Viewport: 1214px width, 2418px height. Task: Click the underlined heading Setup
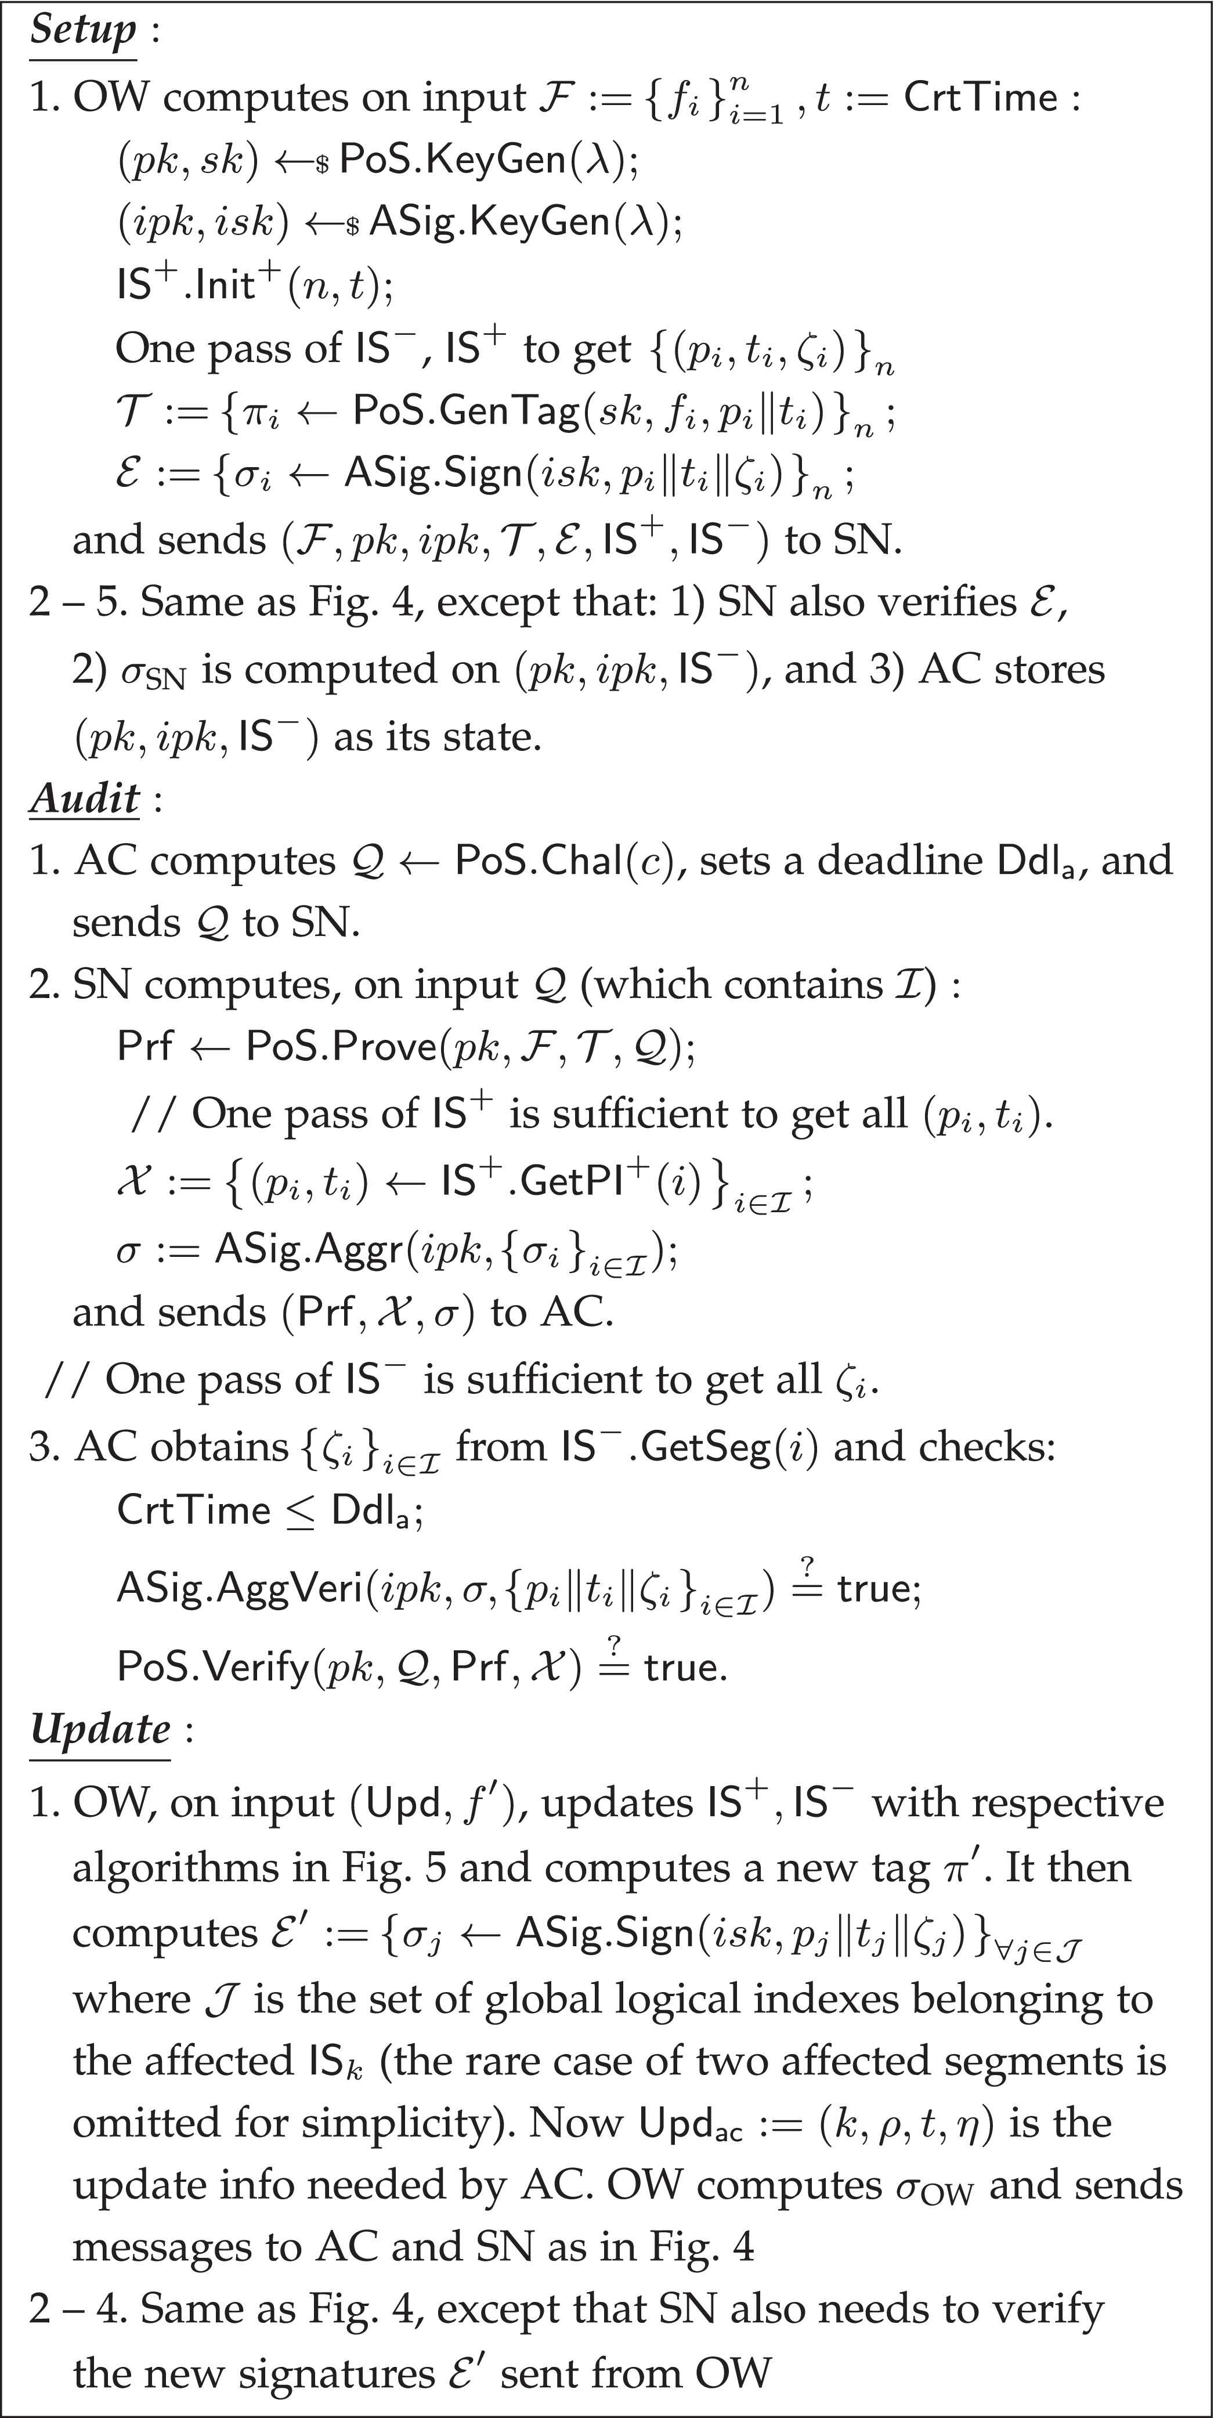82,30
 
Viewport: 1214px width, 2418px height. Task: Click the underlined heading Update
100,1728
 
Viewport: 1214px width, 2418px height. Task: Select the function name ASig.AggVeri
239,1588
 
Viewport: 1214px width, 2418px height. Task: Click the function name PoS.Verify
213,1668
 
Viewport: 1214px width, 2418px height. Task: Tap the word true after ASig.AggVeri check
874,1588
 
